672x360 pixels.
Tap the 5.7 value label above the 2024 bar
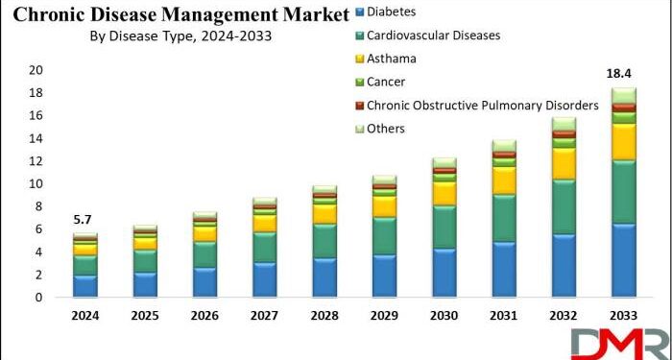point(85,220)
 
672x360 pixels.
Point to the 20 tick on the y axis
point(36,70)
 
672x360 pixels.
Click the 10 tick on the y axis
point(36,183)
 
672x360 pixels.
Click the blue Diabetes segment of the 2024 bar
point(85,286)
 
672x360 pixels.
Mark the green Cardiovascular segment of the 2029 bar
point(384,235)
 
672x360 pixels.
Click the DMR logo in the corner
point(619,343)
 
